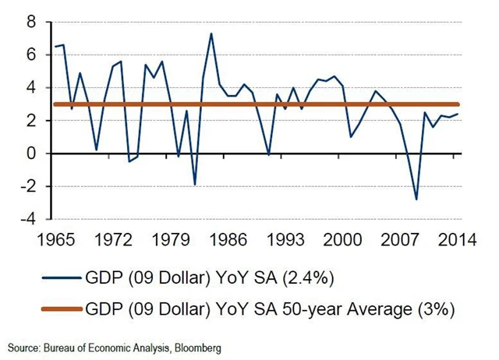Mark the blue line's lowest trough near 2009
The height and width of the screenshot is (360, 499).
point(417,199)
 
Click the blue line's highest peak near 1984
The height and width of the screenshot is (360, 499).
point(211,33)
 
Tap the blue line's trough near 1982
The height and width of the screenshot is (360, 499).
point(194,185)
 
